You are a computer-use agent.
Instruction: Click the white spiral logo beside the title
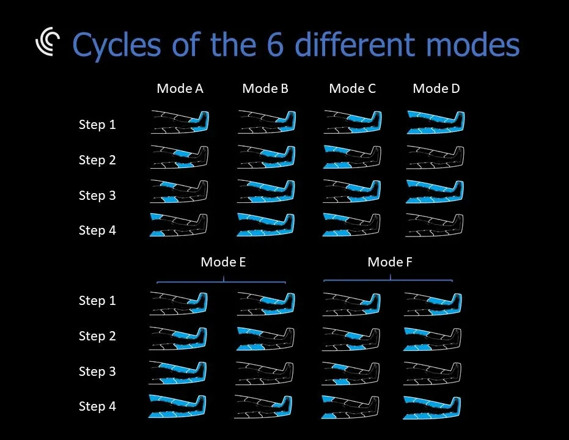pyautogui.click(x=47, y=42)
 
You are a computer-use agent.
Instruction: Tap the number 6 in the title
pyautogui.click(x=276, y=44)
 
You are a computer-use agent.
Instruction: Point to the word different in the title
pyautogui.click(x=355, y=44)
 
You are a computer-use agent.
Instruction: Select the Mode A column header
pyautogui.click(x=180, y=89)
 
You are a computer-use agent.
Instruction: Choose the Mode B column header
pyautogui.click(x=265, y=89)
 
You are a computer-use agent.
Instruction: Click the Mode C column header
pyautogui.click(x=353, y=89)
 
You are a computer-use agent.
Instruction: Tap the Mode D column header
pyautogui.click(x=436, y=89)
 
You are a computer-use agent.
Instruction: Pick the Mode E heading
pyautogui.click(x=223, y=262)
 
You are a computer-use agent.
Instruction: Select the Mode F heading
pyautogui.click(x=390, y=262)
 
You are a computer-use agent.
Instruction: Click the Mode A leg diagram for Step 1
pyautogui.click(x=180, y=122)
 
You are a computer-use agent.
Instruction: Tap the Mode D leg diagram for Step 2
pyautogui.click(x=435, y=157)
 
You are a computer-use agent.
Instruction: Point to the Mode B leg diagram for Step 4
pyautogui.click(x=266, y=225)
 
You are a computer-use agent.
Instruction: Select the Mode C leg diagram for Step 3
pyautogui.click(x=352, y=191)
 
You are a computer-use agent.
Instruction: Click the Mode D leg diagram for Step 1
pyautogui.click(x=436, y=122)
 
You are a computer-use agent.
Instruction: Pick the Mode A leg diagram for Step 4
pyautogui.click(x=178, y=225)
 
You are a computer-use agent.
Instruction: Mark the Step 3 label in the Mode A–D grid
pyautogui.click(x=97, y=195)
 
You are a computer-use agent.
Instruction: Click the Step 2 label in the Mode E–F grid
pyautogui.click(x=97, y=336)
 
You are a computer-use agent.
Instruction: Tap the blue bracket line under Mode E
pyautogui.click(x=221, y=280)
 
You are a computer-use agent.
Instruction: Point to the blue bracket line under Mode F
pyautogui.click(x=388, y=280)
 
